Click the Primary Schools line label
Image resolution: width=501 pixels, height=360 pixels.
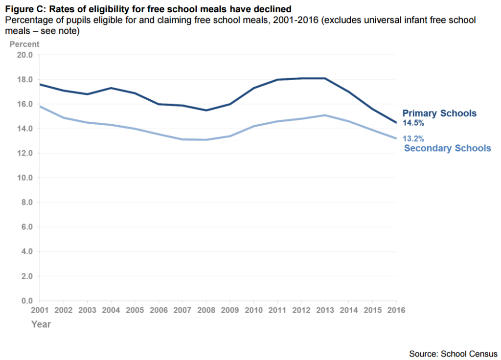(x=439, y=113)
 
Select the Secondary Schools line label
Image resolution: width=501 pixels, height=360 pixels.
(x=447, y=148)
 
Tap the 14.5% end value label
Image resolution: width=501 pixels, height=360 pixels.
(x=413, y=123)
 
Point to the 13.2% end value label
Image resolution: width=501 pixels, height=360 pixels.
(x=413, y=138)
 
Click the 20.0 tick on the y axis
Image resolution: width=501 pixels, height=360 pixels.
(x=24, y=55)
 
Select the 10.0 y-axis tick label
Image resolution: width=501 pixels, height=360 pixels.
(x=24, y=178)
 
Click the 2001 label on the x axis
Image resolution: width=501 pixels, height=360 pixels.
(x=40, y=310)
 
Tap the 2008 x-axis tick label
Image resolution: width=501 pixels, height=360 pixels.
(x=205, y=310)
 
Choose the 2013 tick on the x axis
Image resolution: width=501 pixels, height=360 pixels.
(x=324, y=310)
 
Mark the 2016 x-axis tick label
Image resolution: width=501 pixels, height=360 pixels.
(x=395, y=310)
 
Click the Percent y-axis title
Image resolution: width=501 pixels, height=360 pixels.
(x=24, y=44)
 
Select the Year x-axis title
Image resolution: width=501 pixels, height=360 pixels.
(x=41, y=324)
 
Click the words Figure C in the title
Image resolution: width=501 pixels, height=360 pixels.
(x=22, y=8)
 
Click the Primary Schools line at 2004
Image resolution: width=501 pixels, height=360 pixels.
(x=111, y=88)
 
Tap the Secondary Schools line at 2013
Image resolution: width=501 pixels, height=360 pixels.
(x=324, y=115)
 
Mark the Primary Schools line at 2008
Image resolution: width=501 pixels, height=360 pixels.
(x=206, y=110)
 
